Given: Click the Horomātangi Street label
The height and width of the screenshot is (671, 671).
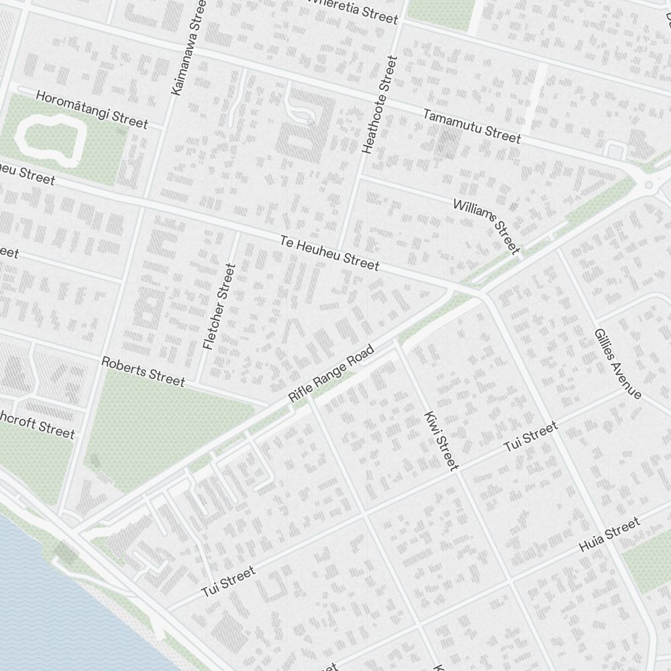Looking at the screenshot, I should (x=92, y=109).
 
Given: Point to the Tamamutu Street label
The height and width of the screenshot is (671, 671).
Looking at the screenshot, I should (x=471, y=125).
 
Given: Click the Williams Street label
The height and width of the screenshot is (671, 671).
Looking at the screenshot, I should (x=487, y=226).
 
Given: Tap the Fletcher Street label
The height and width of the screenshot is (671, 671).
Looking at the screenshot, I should (x=219, y=306).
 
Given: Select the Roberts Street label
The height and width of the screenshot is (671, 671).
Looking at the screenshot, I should (x=142, y=371).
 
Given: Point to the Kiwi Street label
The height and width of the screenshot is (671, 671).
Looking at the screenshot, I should (x=442, y=440).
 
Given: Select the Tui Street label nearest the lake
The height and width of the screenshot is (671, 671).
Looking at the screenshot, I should (x=228, y=582).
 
